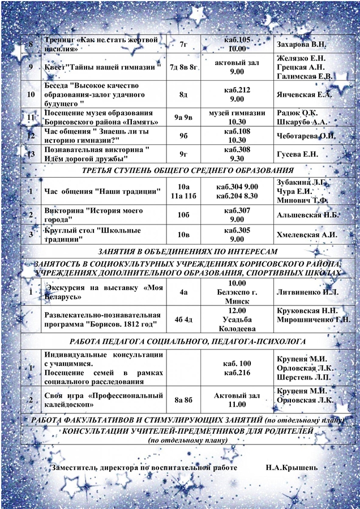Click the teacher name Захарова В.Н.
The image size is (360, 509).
[300, 44]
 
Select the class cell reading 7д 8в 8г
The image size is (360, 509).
[183, 68]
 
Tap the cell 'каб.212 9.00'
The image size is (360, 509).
[237, 94]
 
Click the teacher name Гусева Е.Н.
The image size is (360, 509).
[298, 154]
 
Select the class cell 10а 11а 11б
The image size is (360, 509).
[183, 191]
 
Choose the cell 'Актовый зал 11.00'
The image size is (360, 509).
[237, 400]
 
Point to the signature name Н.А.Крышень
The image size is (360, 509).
[292, 468]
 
